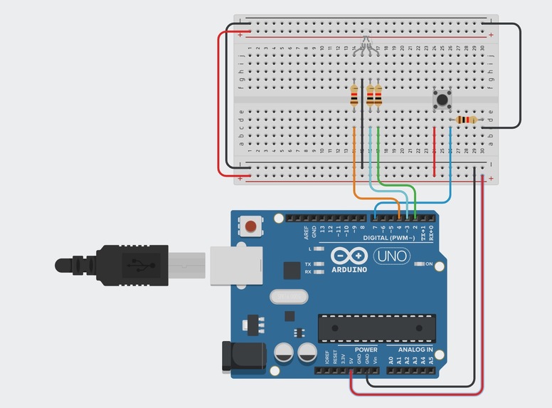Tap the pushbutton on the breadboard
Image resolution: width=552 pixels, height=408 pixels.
coord(442,98)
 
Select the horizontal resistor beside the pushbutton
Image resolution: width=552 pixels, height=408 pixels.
coord(466,120)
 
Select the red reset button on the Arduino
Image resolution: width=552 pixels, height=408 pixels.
coord(250,226)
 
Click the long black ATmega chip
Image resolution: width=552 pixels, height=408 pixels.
coord(376,326)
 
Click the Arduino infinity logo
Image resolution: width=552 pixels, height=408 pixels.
coord(349,256)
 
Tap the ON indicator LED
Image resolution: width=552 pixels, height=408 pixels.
coord(419,264)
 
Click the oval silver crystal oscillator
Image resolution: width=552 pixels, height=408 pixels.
coord(287,295)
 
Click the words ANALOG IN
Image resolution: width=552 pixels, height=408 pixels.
coord(411,350)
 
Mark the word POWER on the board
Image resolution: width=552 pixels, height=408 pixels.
coord(366,350)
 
